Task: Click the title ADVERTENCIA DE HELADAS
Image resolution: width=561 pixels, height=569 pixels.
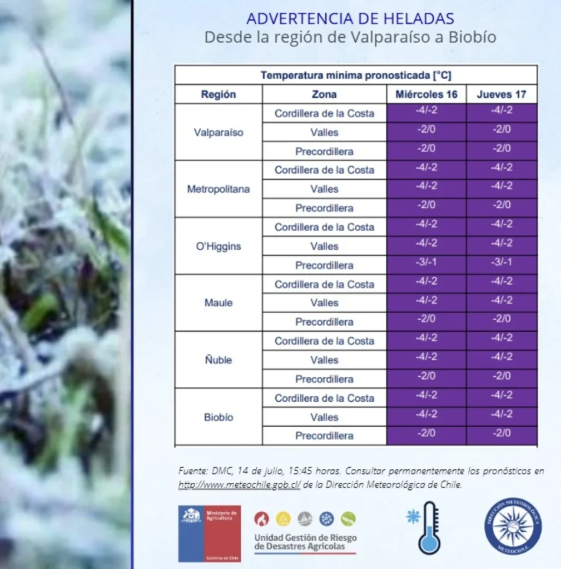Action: click(x=350, y=18)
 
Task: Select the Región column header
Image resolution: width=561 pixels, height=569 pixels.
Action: click(x=218, y=94)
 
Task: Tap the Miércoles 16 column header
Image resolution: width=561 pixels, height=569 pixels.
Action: click(x=426, y=94)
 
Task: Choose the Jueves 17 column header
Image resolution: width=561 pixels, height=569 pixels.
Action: click(x=502, y=94)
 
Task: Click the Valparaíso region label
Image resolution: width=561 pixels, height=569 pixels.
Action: click(x=218, y=133)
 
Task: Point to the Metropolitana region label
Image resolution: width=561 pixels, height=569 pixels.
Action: click(x=218, y=189)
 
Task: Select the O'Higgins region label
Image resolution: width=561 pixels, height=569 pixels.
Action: click(x=218, y=246)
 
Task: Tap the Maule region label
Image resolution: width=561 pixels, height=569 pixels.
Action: click(x=218, y=303)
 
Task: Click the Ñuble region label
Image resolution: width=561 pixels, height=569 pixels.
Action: click(x=218, y=360)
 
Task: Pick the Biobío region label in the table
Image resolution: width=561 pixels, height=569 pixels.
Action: click(x=218, y=417)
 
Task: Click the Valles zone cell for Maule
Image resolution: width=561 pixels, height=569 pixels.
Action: click(x=324, y=303)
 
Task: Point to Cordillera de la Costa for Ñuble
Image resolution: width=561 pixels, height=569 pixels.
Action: click(x=324, y=341)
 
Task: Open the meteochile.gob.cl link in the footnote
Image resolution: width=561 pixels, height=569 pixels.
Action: click(x=240, y=485)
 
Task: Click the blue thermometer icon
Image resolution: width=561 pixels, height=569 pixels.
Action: click(x=429, y=527)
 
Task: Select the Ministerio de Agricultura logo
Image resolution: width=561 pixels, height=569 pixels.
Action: click(x=209, y=533)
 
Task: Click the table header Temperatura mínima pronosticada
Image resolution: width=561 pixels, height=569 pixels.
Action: click(x=356, y=76)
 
